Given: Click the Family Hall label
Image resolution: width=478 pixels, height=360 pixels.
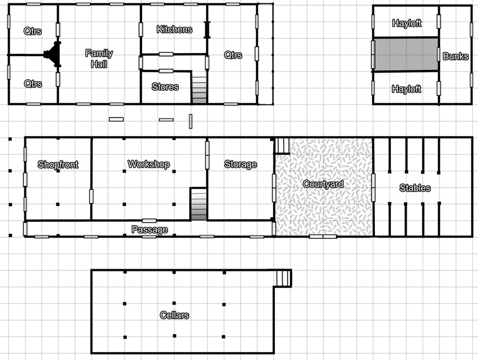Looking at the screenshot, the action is [99, 58].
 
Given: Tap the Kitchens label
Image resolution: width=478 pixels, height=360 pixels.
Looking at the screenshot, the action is [174, 29].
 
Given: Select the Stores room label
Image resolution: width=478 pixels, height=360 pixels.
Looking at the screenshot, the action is [165, 87].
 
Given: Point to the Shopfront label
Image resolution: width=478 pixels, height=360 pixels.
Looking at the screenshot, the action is [58, 164].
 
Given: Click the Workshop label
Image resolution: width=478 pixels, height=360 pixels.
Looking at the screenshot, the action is [148, 164].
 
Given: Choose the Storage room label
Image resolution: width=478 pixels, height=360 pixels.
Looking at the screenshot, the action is [241, 164].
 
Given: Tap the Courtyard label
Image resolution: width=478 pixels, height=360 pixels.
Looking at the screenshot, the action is [323, 184].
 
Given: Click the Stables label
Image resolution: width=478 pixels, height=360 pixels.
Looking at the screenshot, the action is [415, 188].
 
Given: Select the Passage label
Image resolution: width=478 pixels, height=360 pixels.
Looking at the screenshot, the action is [150, 230].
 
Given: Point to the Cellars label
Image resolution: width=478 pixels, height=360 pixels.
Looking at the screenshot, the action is [174, 315].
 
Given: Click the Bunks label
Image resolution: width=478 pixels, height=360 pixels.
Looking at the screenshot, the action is [455, 56].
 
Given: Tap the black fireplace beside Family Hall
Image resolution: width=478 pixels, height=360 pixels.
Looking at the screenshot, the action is [53, 54].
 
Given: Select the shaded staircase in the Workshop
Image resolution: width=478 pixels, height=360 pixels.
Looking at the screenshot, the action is [198, 204].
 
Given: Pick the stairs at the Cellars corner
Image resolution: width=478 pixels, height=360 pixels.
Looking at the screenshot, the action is [283, 278].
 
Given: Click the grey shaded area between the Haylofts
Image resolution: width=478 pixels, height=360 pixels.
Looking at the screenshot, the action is [406, 54].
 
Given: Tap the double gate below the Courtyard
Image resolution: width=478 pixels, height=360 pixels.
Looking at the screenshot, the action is [323, 236].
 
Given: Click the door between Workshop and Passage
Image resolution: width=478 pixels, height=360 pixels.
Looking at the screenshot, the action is [149, 221].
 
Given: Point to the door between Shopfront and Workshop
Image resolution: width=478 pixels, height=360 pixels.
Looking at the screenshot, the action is [91, 196].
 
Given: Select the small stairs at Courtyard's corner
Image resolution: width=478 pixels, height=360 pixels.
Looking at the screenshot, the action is [282, 146].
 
